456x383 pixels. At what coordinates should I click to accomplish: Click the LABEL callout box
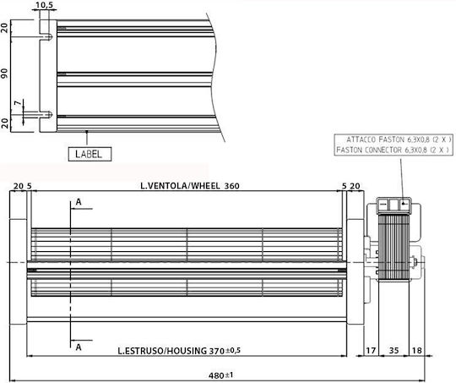[90, 154]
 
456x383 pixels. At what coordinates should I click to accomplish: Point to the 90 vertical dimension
[5, 73]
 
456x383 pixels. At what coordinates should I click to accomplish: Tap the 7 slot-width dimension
[18, 103]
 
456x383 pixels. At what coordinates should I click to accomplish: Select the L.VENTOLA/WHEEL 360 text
[190, 186]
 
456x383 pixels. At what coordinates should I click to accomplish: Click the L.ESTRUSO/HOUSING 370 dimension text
[179, 351]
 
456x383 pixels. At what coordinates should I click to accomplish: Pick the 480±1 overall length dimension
[220, 375]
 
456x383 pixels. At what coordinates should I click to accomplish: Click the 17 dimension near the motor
[371, 350]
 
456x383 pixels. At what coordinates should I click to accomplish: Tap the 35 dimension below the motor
[394, 350]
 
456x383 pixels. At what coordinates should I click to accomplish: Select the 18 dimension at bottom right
[417, 350]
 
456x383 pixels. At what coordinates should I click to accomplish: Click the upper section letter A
[79, 202]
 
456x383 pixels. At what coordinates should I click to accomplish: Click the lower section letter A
[79, 347]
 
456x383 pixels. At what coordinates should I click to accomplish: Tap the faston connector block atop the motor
[394, 205]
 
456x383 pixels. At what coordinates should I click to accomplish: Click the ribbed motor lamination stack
[394, 248]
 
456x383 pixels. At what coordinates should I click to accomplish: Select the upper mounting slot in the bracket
[46, 37]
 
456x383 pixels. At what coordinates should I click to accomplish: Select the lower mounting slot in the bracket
[46, 114]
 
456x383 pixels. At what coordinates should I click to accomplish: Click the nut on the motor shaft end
[413, 262]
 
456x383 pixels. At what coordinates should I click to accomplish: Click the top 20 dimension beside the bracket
[5, 28]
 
